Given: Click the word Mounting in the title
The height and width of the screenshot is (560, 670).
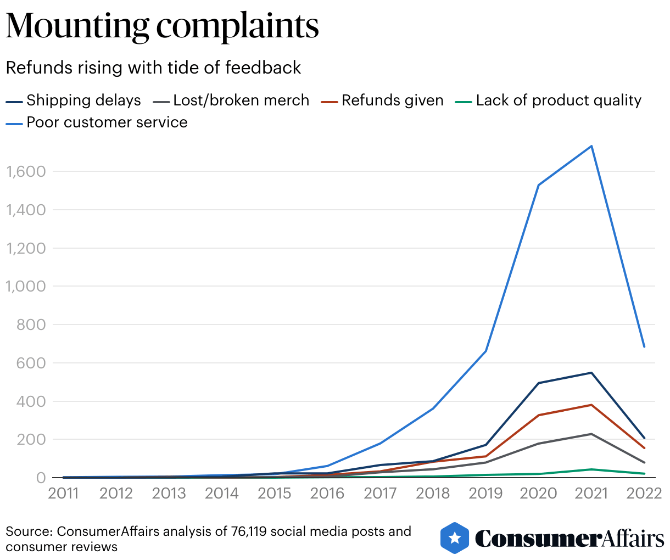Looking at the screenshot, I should click(77, 26).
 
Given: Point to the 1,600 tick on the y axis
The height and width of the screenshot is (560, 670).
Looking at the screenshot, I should click(25, 171).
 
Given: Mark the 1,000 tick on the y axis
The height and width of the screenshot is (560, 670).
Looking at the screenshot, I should click(25, 286).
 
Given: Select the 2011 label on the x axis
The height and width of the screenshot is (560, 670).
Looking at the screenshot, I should click(64, 493).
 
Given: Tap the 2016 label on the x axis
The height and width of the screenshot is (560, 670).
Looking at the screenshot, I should click(327, 493).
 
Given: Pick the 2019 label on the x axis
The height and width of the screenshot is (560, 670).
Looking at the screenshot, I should click(485, 493).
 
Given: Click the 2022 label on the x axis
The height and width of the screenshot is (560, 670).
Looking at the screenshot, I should click(644, 493).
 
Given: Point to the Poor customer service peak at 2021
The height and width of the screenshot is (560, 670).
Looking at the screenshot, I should click(591, 146).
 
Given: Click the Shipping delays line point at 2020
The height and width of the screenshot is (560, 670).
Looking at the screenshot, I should click(539, 383).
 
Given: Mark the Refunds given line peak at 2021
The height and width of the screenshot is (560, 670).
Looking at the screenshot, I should click(591, 405).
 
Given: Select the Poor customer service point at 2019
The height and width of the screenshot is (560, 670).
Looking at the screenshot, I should click(486, 351).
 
